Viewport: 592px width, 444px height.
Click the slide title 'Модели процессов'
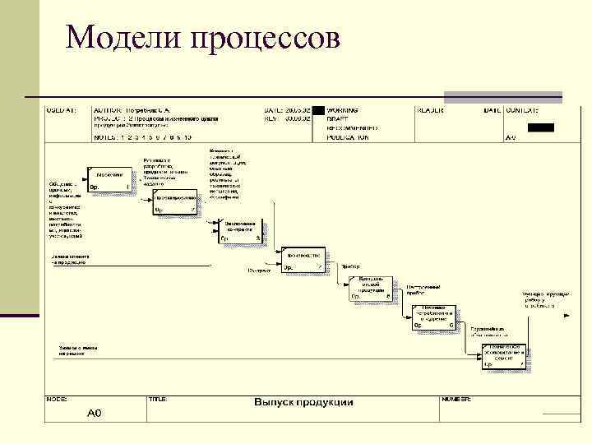[201, 38]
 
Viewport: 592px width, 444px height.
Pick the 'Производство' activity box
[304, 261]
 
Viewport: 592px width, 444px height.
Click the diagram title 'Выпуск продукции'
[303, 402]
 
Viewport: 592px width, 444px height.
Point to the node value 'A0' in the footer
[95, 413]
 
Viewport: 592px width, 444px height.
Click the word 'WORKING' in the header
[342, 109]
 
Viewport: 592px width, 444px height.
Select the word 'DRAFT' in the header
[337, 119]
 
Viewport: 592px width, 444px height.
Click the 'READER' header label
[431, 109]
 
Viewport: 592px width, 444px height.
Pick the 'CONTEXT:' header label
[522, 109]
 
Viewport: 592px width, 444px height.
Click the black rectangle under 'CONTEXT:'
[540, 127]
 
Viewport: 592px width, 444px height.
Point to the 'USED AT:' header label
[62, 109]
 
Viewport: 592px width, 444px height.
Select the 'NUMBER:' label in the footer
[456, 398]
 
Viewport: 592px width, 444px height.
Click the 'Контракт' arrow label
[259, 270]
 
